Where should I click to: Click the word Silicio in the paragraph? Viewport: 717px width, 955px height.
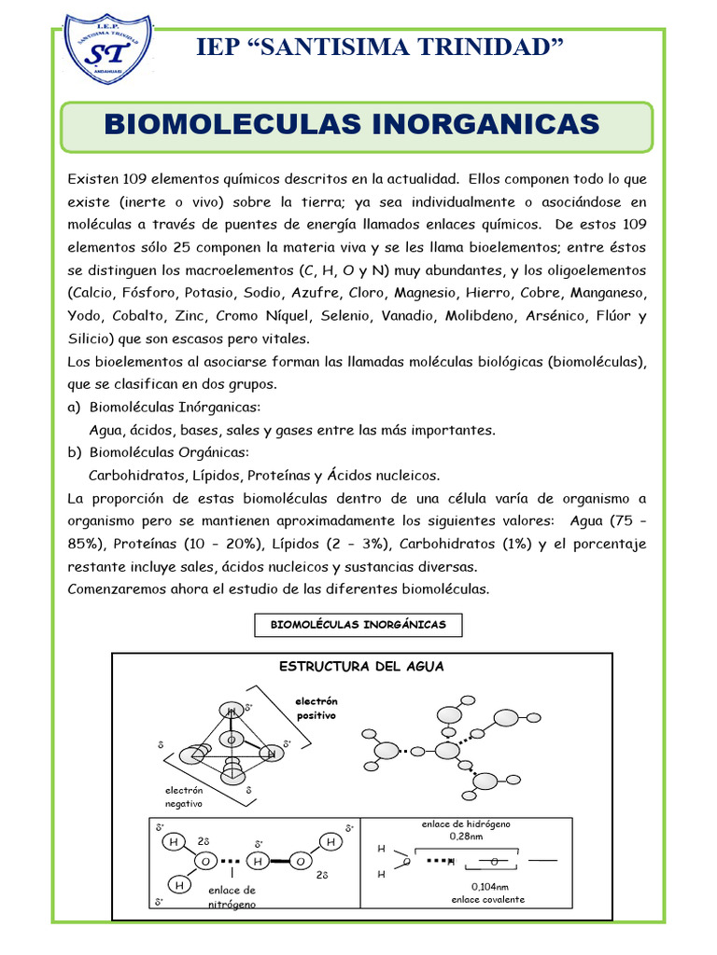coord(90,339)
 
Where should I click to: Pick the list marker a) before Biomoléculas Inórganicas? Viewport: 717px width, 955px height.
coord(75,408)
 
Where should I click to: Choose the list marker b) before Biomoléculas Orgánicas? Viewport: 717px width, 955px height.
coord(75,452)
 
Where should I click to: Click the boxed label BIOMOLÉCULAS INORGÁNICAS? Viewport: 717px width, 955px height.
coord(358,625)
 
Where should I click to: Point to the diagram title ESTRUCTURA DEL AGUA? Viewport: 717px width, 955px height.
coord(362,667)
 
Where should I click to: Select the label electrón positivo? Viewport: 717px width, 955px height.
coord(316,708)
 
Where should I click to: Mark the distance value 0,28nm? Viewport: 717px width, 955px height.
coord(466,837)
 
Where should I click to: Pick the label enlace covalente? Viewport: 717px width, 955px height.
coord(488,900)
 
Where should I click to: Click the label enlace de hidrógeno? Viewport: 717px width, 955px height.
coord(466,824)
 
